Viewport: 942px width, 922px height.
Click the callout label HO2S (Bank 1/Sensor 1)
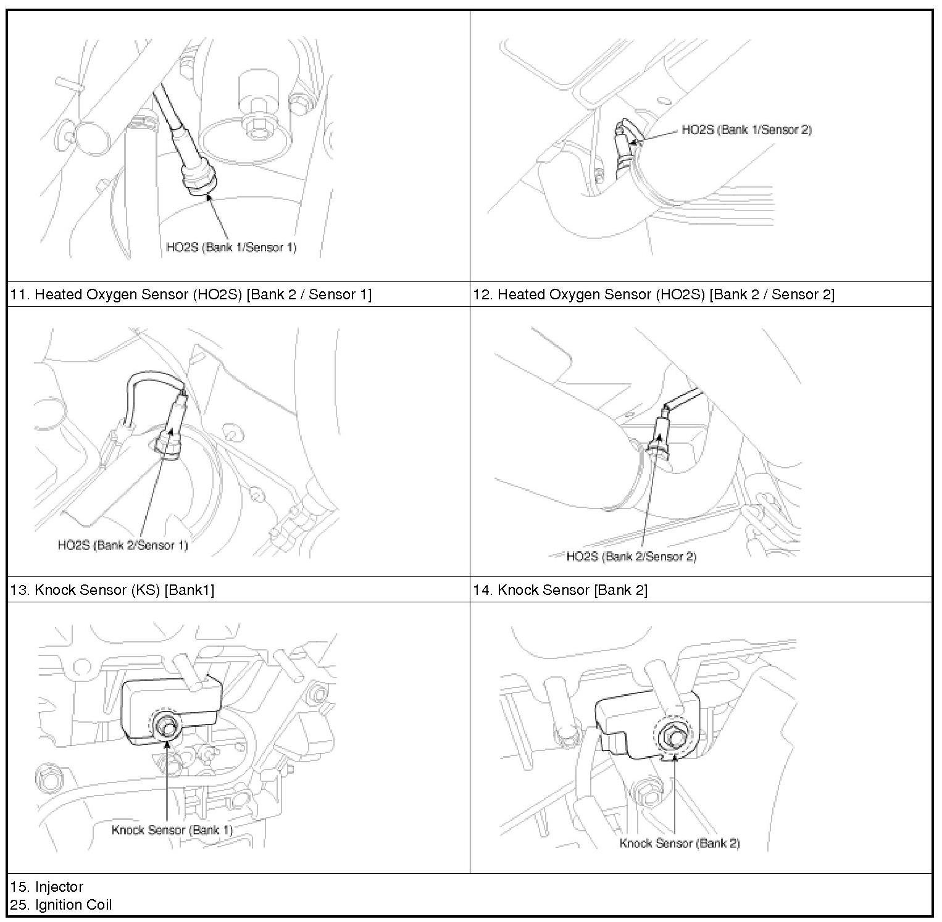231,247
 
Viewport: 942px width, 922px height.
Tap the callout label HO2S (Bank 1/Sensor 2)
746,130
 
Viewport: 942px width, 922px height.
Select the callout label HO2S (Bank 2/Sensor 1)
123,545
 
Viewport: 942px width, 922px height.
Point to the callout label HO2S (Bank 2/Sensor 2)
631,557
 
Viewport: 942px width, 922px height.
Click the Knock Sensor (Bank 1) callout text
172,829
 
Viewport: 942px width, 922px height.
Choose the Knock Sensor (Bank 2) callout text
680,843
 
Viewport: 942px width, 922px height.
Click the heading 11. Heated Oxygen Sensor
191,294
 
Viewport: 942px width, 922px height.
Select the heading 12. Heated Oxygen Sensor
654,294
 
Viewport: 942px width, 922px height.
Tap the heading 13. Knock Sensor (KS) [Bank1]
112,590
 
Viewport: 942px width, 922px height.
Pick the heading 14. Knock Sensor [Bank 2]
561,590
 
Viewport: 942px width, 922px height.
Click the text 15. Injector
47,887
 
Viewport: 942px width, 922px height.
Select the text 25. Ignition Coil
61,905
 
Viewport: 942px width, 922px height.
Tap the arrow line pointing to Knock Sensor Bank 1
167,784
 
